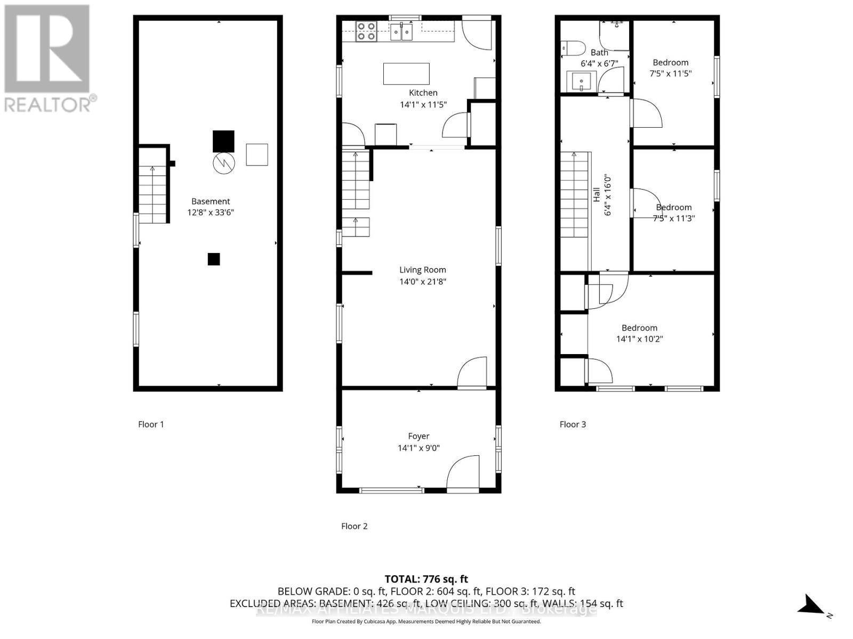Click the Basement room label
211,201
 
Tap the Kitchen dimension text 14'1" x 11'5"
423,105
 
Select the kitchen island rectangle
406,73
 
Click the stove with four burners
366,31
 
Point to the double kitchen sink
401,32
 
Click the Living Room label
422,270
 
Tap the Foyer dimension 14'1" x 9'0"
419,448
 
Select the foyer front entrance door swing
463,472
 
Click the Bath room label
599,52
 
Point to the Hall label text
597,195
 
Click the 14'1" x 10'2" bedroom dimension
639,339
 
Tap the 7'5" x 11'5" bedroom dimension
670,73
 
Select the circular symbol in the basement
224,162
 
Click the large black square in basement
223,141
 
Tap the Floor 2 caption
354,526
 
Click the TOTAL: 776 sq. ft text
426,579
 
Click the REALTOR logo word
48,104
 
